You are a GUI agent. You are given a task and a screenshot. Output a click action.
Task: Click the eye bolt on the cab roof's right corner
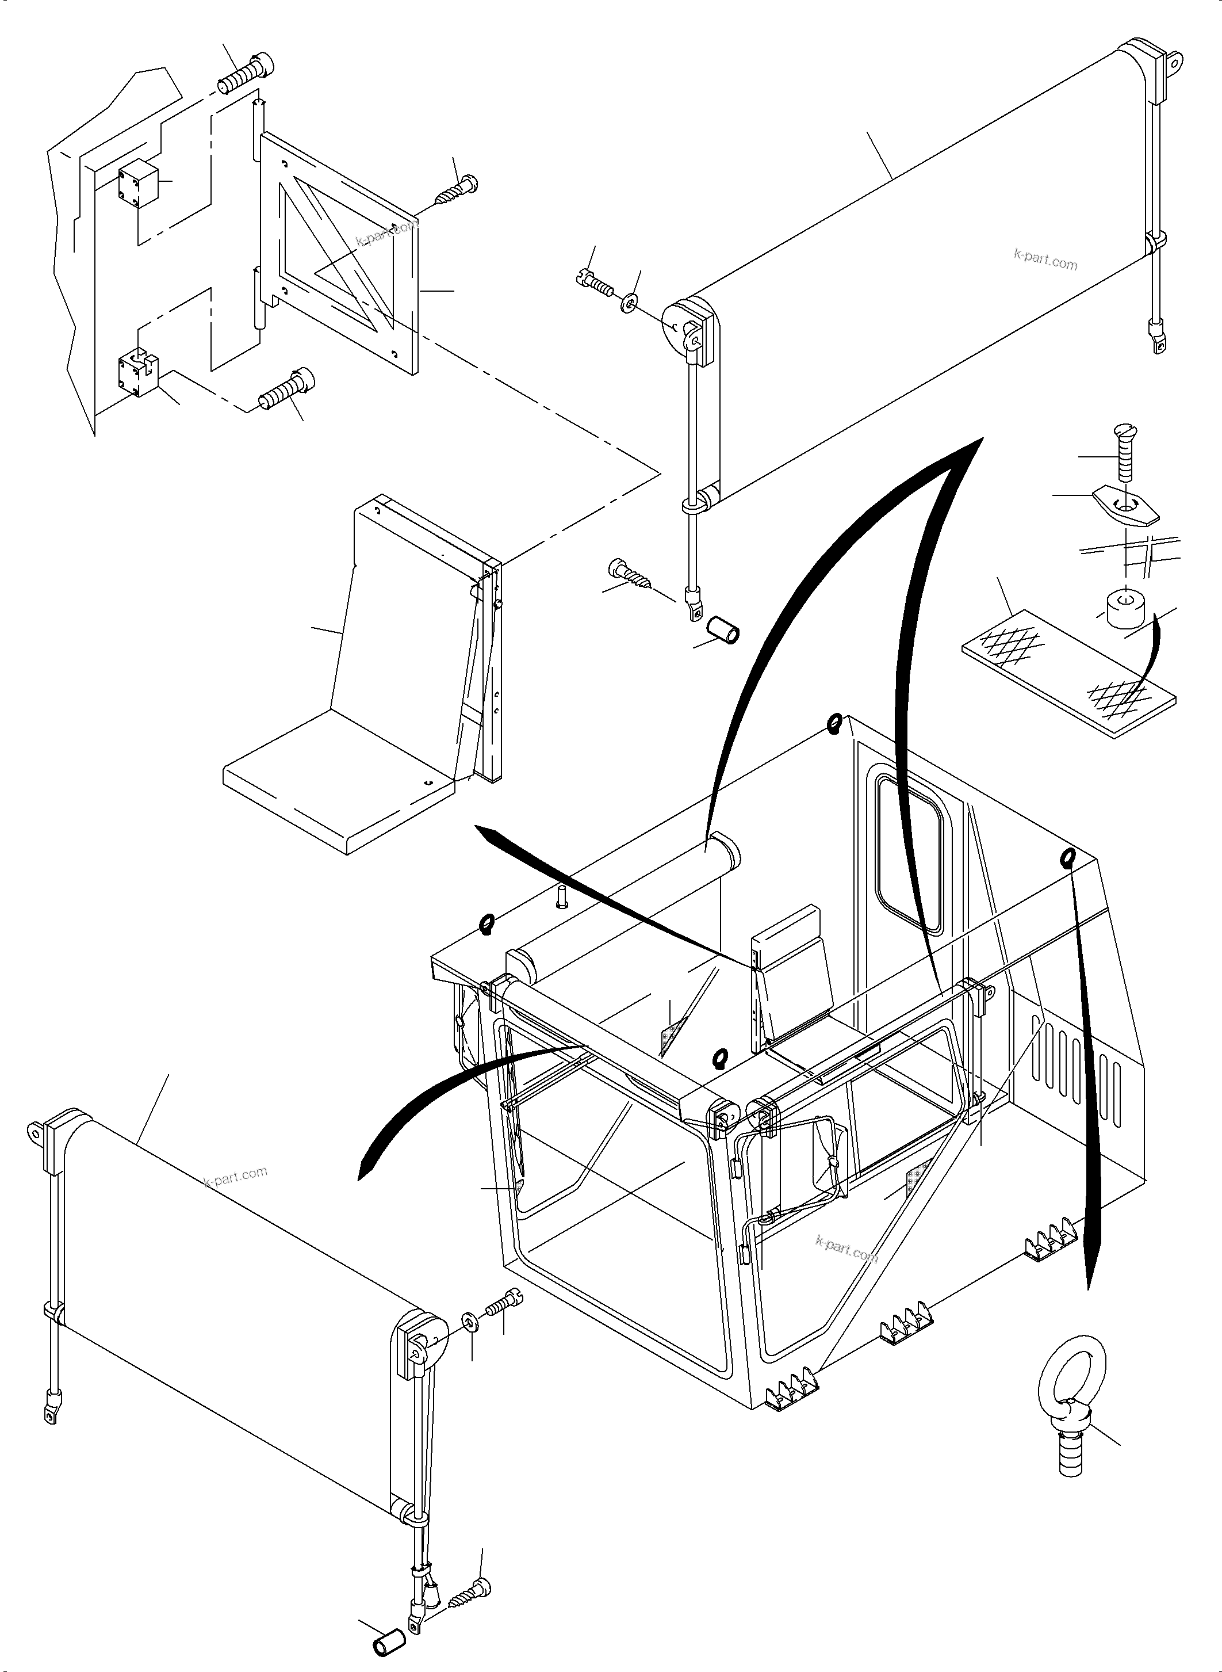(1067, 858)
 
